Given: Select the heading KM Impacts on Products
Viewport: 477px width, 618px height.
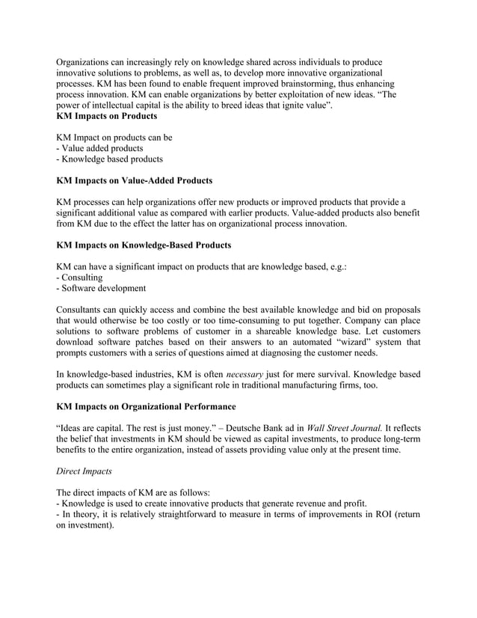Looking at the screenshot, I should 107,117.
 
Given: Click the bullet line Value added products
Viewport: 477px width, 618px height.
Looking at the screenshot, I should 99,149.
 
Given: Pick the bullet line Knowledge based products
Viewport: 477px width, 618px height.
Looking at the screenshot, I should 109,159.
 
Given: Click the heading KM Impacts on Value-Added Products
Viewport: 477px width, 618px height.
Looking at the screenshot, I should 135,180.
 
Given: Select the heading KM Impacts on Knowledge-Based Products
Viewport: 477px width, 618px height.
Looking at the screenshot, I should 144,245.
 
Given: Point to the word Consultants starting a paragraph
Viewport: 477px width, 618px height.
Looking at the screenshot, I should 82,310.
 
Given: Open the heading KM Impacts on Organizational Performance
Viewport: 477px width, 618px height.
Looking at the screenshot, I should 146,406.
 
